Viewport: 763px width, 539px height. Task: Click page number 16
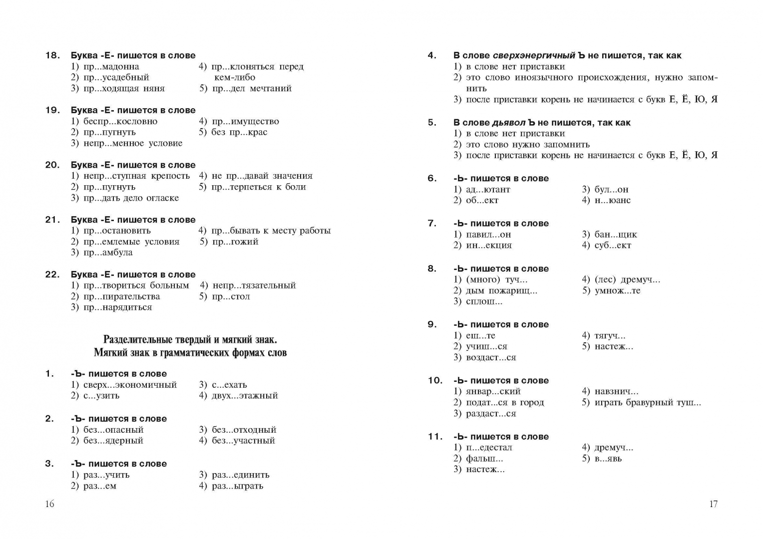[49, 504]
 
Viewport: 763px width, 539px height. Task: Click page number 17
[713, 504]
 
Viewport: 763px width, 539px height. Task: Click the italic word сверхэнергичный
[534, 55]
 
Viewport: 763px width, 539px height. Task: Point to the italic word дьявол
[509, 122]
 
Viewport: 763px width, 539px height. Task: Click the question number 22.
[52, 274]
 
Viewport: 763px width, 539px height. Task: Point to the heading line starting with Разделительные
[190, 340]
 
